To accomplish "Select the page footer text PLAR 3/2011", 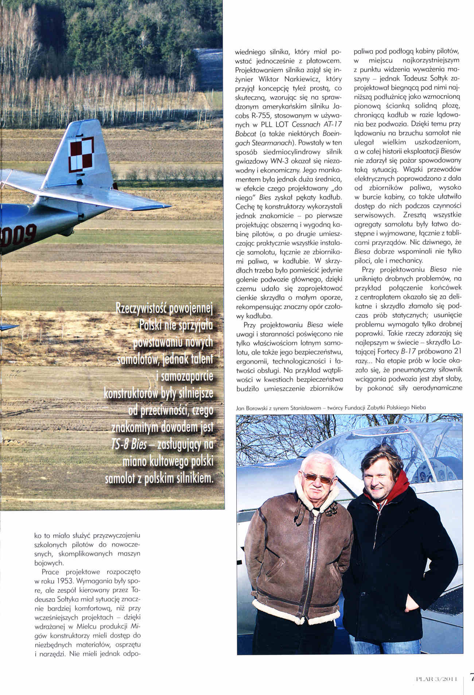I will coord(436,679).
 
